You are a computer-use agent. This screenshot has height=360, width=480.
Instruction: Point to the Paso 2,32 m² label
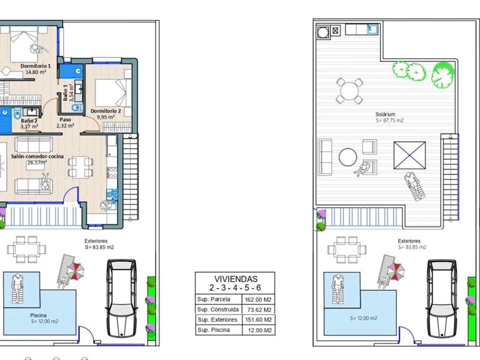[x=65, y=122]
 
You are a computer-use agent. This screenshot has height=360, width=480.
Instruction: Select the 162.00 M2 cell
[x=258, y=300]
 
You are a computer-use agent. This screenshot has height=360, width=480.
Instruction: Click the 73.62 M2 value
[x=259, y=310]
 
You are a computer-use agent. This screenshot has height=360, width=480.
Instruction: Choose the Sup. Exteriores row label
[x=217, y=320]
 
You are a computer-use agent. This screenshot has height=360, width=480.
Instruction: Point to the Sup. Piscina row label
[x=213, y=330]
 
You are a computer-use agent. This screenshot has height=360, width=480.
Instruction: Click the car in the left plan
[x=121, y=299]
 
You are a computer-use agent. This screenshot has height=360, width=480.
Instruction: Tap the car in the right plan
[x=442, y=299]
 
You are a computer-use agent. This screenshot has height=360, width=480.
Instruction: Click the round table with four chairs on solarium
[x=349, y=91]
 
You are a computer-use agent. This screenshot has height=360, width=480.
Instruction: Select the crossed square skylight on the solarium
[x=409, y=155]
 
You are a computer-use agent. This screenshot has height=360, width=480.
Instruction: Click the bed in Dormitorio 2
[x=113, y=92]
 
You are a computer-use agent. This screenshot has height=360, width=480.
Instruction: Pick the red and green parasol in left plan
[x=76, y=271]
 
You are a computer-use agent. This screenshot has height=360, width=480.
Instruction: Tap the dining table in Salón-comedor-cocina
[x=80, y=167]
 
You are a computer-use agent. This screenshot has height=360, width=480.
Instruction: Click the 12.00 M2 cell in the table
[x=259, y=330]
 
